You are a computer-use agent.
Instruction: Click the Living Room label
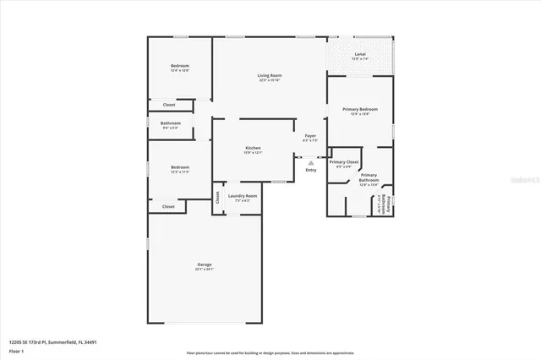point(270,76)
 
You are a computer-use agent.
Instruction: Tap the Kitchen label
point(253,148)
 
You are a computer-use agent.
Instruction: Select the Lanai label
point(360,55)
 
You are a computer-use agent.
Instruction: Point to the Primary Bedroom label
point(360,110)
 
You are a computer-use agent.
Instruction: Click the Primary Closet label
point(344,162)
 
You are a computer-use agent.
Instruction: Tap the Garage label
point(205,265)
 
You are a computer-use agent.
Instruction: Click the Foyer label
point(310,136)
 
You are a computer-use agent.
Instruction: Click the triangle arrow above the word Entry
point(311,162)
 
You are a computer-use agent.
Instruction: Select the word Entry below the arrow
point(311,170)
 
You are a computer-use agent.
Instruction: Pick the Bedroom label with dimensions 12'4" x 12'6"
point(179,66)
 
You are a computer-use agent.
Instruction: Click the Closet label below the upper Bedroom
point(168,105)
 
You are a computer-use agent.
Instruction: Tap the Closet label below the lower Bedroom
point(168,206)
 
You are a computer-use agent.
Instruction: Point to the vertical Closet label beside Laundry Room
point(217,198)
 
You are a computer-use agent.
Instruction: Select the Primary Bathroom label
point(369,178)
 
